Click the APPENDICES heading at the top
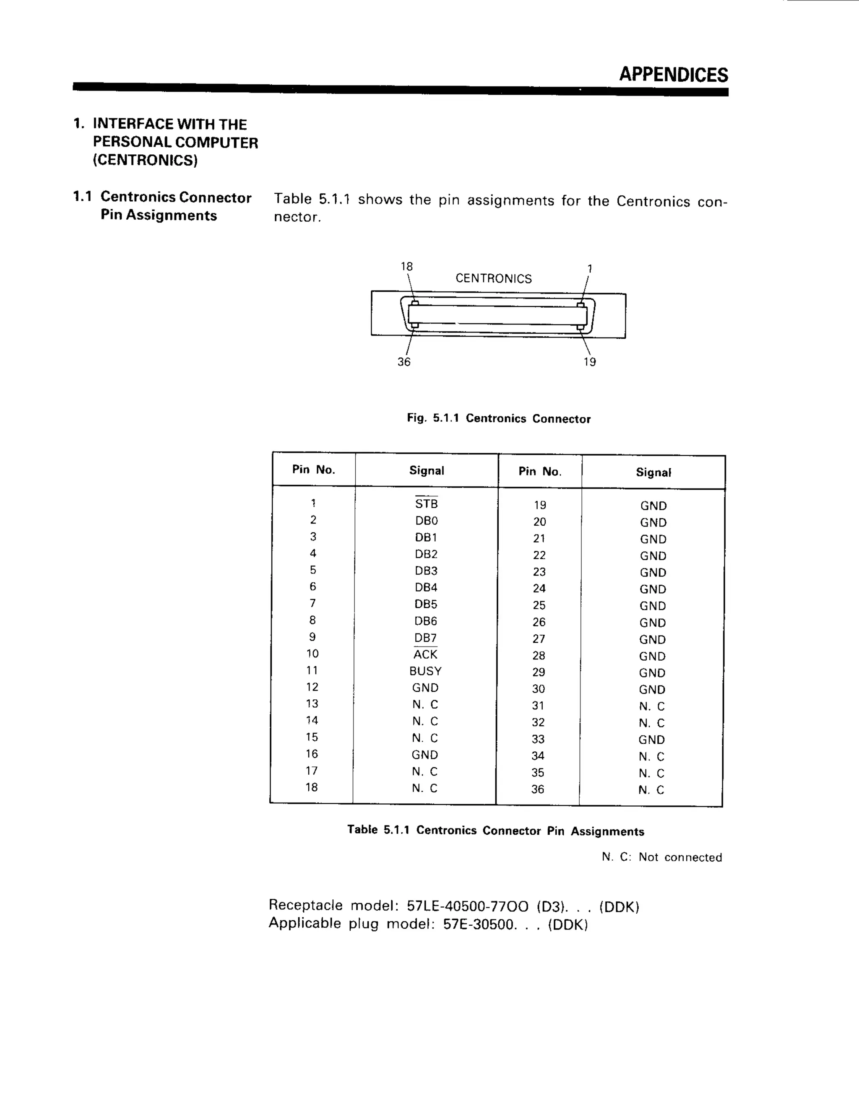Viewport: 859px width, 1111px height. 673,74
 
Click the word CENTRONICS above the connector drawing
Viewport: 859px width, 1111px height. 493,278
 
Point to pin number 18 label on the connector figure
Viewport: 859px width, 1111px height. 406,266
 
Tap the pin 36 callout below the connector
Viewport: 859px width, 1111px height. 403,362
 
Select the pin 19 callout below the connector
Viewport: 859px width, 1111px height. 589,362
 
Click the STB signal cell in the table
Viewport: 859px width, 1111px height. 426,504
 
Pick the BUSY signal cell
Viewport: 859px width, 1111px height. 425,671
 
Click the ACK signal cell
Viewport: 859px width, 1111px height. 425,654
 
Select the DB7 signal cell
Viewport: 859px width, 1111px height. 425,637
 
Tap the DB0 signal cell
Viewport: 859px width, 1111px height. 426,520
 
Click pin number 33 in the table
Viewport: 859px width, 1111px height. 538,739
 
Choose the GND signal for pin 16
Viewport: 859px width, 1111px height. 425,754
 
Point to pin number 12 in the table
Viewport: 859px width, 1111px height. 312,687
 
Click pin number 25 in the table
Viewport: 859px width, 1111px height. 539,605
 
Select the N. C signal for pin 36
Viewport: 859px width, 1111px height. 651,789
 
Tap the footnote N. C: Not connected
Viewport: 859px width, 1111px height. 661,857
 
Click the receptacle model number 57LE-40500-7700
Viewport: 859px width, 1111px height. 467,906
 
